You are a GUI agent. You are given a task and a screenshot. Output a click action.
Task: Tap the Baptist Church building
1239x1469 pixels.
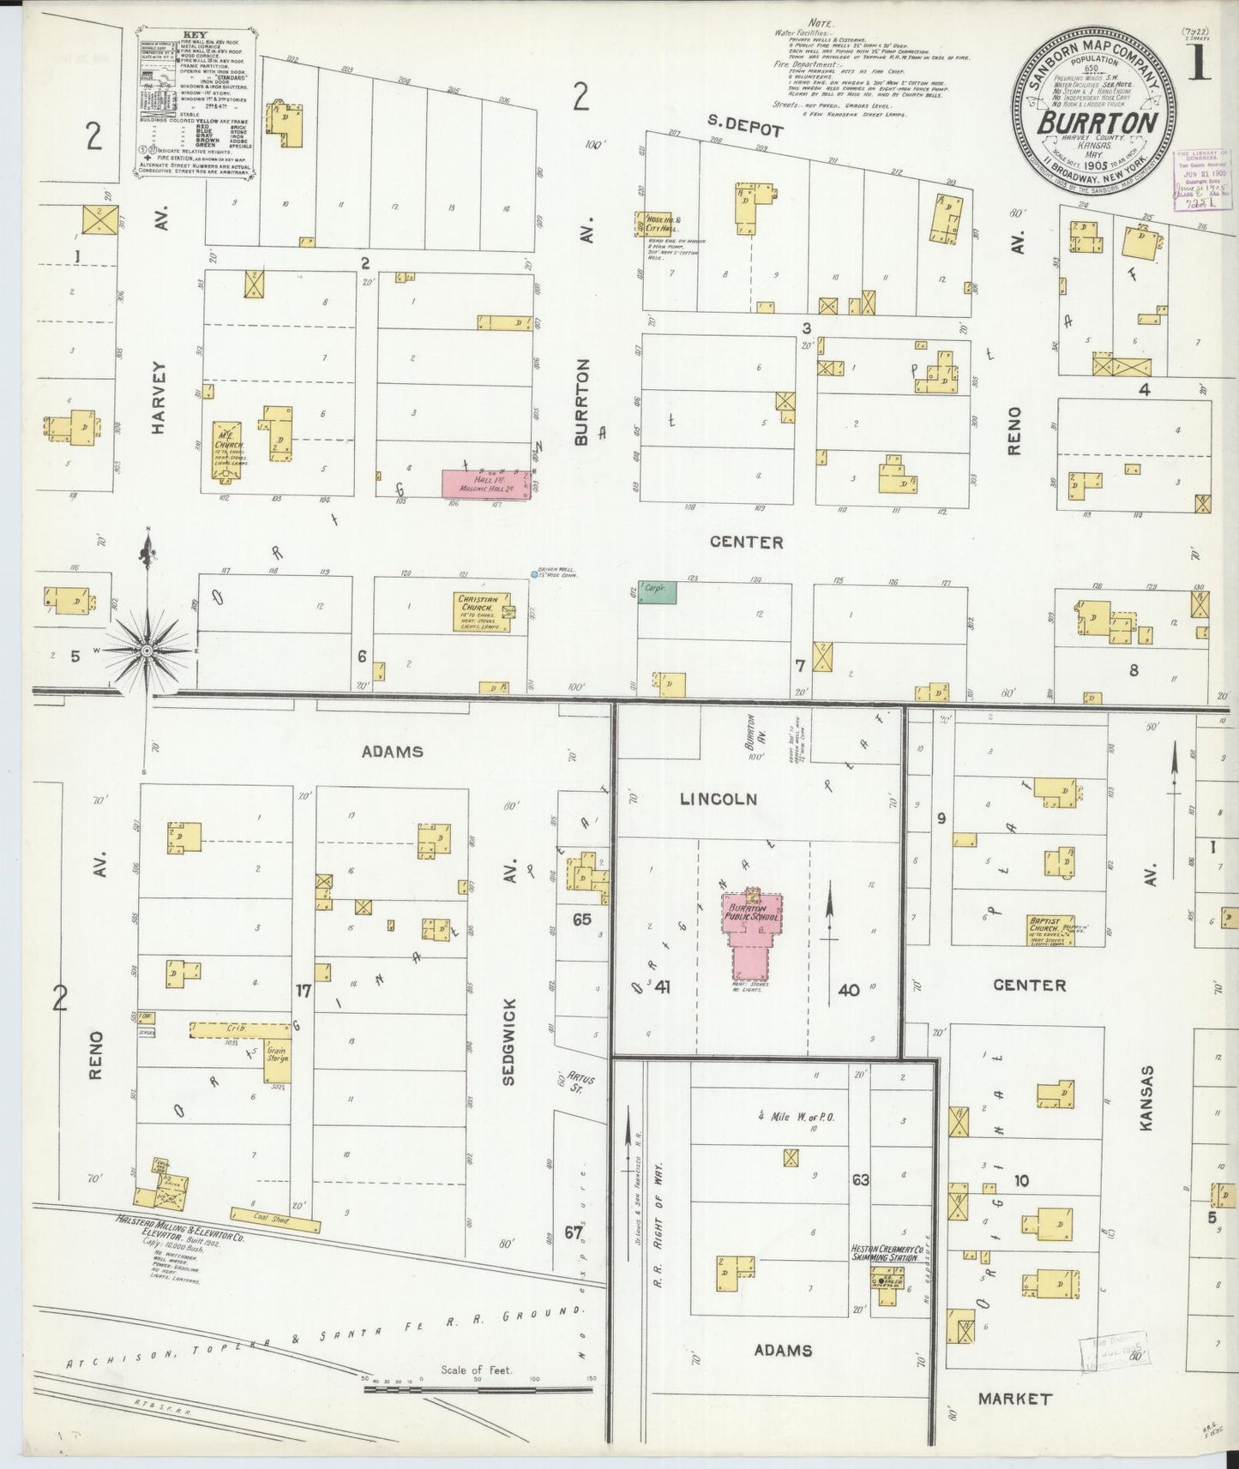click(1050, 930)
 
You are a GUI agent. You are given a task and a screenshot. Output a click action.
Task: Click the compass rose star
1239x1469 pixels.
click(147, 651)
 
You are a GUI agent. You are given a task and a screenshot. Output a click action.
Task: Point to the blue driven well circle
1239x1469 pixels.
click(534, 574)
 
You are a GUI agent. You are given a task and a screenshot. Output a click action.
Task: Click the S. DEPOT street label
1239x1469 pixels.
click(745, 131)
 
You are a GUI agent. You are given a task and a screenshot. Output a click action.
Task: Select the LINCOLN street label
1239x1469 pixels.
click(718, 799)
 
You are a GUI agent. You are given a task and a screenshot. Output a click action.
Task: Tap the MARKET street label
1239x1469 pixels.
click(1015, 1399)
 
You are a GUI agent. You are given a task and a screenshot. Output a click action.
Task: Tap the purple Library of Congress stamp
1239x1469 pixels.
click(1202, 180)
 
